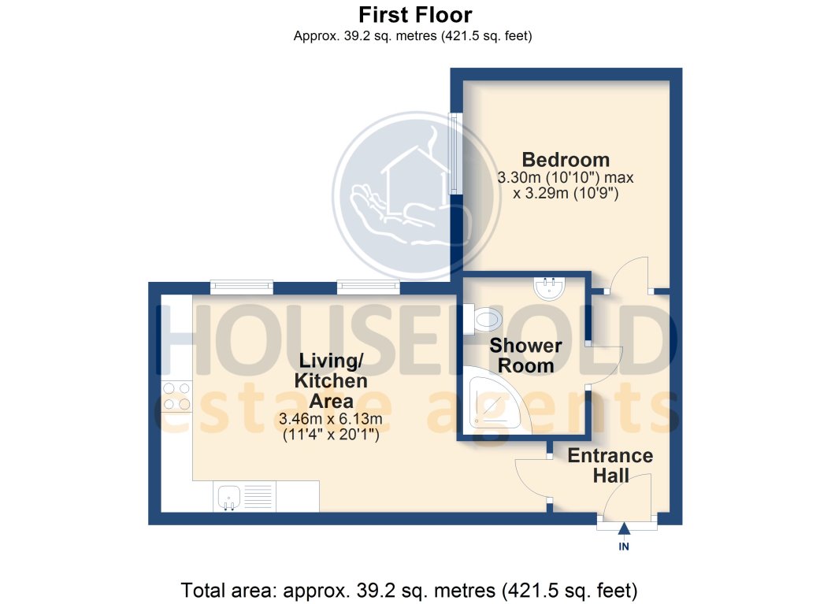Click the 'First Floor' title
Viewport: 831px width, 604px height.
pos(415,15)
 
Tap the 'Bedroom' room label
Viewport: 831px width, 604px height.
pos(566,160)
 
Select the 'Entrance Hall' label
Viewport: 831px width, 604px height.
pos(610,465)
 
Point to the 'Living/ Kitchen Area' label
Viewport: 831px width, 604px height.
pos(331,381)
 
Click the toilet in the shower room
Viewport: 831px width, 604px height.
pos(487,319)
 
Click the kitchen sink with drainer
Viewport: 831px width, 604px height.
pos(243,497)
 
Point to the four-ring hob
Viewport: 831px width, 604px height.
pos(176,396)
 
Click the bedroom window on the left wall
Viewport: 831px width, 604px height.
pos(454,154)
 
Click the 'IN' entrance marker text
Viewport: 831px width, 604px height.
pos(624,547)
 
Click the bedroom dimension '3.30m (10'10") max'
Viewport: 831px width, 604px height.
pos(566,178)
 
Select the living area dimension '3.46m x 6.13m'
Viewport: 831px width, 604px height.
pos(331,418)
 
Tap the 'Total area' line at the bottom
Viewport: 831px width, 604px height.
pos(409,589)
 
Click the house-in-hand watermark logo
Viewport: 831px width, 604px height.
pos(416,194)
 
